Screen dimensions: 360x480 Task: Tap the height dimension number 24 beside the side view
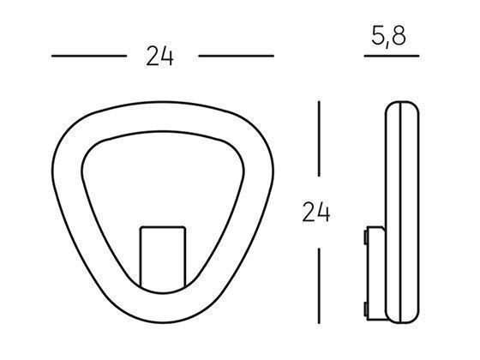(x=316, y=210)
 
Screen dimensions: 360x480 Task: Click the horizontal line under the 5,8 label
(x=390, y=57)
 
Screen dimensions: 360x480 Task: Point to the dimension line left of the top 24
(x=88, y=57)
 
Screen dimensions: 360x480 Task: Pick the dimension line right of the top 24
(x=236, y=57)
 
